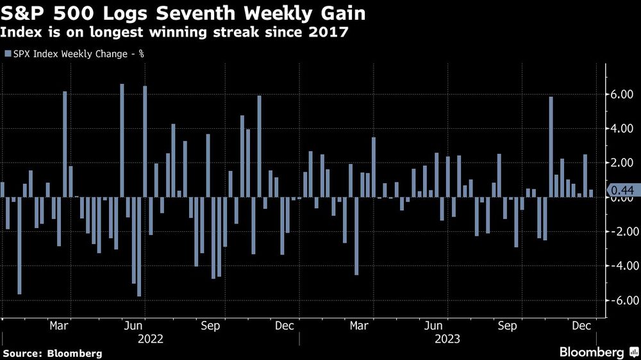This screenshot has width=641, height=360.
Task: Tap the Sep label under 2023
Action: [x=507, y=325]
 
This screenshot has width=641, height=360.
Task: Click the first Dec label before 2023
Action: [x=284, y=325]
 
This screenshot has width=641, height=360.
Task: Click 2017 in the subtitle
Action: [x=331, y=32]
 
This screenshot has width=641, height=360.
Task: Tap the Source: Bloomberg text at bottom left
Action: [x=52, y=353]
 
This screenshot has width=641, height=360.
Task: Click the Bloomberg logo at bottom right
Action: [x=597, y=352]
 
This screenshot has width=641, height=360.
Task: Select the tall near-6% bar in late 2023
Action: [x=551, y=147]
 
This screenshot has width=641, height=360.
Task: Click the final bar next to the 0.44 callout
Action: [x=590, y=193]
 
